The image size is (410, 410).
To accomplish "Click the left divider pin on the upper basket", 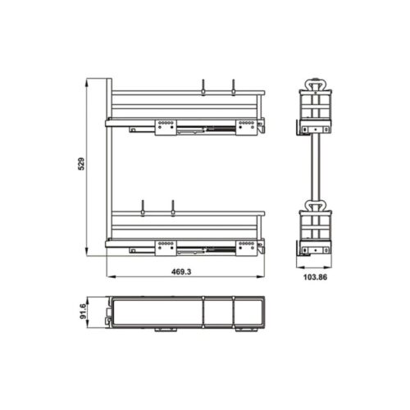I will (202, 87).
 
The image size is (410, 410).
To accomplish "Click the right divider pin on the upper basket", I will (234, 87).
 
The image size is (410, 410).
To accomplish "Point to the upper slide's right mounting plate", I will (247, 126).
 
